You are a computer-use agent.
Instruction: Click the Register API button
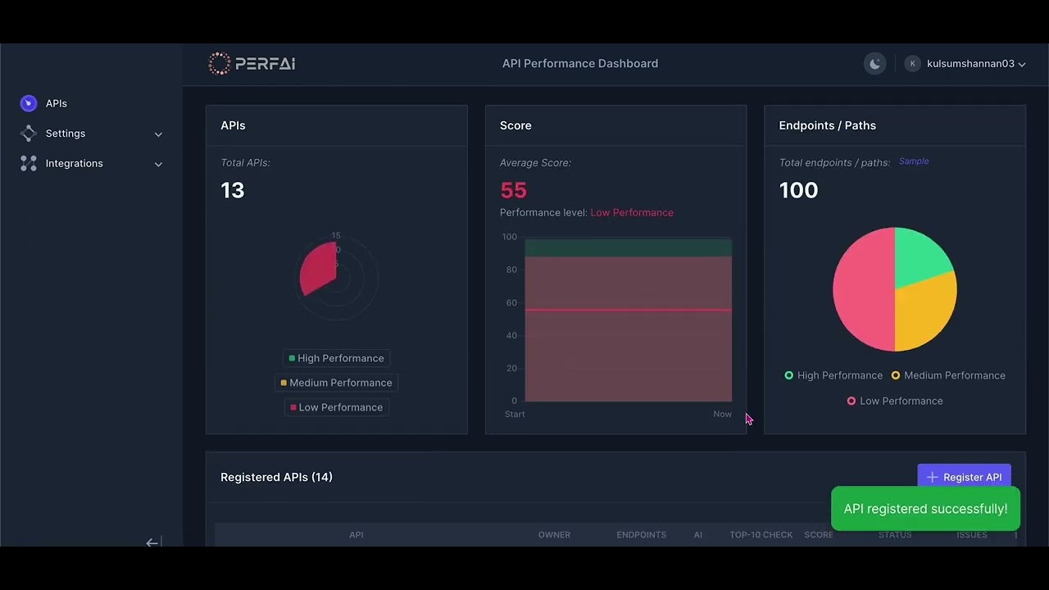point(964,477)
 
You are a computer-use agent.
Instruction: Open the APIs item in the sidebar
point(56,103)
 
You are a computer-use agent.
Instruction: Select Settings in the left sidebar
point(66,134)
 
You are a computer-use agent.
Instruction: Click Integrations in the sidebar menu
point(74,164)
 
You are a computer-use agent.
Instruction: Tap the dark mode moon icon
point(875,64)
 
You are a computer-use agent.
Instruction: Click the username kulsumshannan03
point(970,64)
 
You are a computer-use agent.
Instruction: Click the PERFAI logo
point(252,64)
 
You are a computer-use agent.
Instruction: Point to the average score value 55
point(513,190)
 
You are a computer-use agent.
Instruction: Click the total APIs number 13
point(233,190)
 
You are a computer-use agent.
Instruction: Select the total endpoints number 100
point(798,190)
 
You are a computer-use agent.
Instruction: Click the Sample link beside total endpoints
point(914,161)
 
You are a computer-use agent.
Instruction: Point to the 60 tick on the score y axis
point(511,303)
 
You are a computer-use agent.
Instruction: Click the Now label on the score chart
point(722,415)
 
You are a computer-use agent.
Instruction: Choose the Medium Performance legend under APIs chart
point(336,383)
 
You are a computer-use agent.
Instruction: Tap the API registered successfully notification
point(925,509)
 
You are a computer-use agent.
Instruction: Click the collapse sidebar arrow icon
point(152,542)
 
